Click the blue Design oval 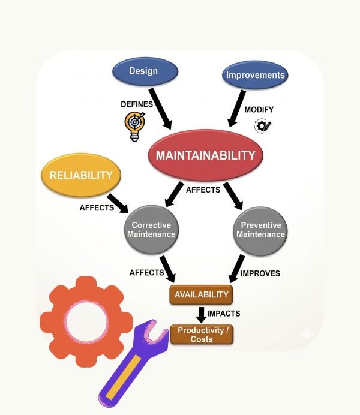click(144, 71)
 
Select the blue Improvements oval click(254, 76)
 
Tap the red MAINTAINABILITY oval click(206, 155)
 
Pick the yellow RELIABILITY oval click(81, 175)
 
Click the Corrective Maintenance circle click(151, 230)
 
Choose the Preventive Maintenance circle click(260, 230)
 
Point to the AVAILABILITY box click(201, 294)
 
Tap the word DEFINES click(137, 104)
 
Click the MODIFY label click(259, 110)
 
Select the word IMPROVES click(260, 273)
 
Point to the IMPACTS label click(223, 314)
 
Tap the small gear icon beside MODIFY click(263, 126)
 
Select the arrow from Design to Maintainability click(161, 108)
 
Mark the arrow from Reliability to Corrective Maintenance click(118, 202)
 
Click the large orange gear click(86, 321)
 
